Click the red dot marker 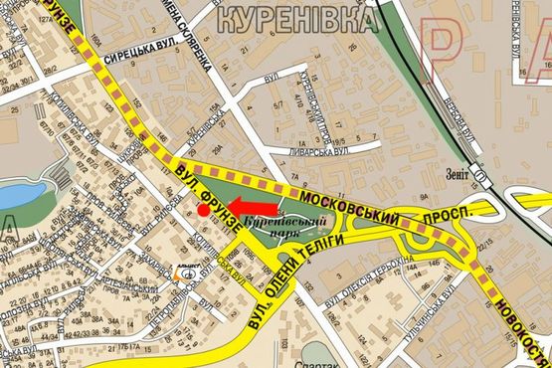(x=202, y=210)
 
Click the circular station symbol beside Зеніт (x=481, y=178)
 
